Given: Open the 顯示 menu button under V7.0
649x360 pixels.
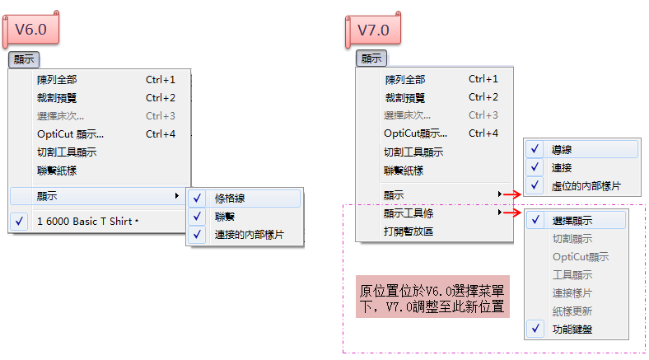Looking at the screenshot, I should pos(371,59).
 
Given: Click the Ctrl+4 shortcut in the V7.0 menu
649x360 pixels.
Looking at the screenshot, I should pos(483,133).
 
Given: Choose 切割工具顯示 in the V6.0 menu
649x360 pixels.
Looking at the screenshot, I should pos(67,152).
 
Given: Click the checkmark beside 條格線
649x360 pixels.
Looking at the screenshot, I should pos(198,199).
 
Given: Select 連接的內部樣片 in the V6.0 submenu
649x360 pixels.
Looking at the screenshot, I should pos(250,235).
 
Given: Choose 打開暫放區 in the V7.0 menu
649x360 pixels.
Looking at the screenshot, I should pos(409,231).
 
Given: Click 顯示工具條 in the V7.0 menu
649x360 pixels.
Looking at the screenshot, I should pos(409,213).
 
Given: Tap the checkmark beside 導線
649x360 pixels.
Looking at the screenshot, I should pos(535,149).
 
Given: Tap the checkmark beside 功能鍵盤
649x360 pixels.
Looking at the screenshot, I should pos(535,329).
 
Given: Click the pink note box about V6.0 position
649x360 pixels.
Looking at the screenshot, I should pos(432,299).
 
